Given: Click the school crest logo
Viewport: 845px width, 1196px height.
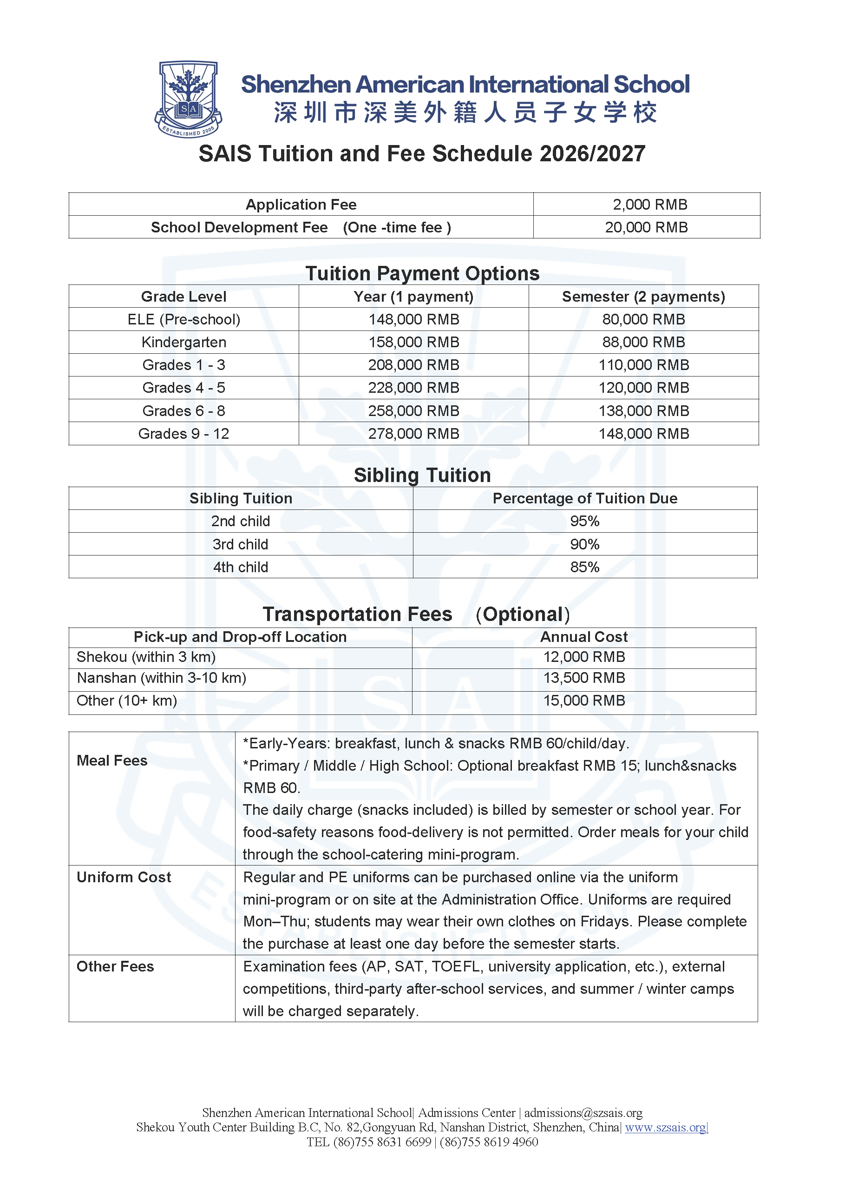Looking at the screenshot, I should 188,99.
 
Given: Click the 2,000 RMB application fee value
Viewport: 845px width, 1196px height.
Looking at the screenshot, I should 649,204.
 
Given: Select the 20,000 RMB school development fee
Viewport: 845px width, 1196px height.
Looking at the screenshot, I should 646,227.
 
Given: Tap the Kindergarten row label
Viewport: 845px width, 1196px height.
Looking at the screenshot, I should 184,342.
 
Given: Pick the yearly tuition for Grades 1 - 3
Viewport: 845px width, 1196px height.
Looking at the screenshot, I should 413,364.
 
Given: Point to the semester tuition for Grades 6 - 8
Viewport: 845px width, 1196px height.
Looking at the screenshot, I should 643,410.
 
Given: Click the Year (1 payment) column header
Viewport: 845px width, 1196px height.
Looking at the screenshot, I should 413,297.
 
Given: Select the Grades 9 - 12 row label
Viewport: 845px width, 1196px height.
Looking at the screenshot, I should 184,433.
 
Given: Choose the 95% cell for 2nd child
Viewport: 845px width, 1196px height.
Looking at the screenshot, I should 585,521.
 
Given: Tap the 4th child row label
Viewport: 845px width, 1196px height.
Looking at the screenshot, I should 241,567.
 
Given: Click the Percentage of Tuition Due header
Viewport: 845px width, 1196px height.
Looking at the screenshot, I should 585,498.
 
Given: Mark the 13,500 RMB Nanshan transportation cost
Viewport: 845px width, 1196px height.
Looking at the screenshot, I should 583,678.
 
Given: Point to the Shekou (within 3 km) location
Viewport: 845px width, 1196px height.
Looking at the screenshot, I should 146,657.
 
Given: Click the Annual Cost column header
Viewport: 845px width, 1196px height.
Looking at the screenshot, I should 583,636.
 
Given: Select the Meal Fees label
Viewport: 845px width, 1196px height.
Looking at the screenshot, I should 112,760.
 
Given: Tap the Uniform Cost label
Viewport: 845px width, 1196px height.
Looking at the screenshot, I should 124,877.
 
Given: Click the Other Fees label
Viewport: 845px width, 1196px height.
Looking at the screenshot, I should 116,966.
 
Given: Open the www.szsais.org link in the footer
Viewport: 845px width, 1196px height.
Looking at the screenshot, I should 665,1127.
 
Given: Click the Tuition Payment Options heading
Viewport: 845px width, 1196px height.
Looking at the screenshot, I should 422,273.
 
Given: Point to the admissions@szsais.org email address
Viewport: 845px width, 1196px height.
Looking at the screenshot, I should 583,1113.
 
